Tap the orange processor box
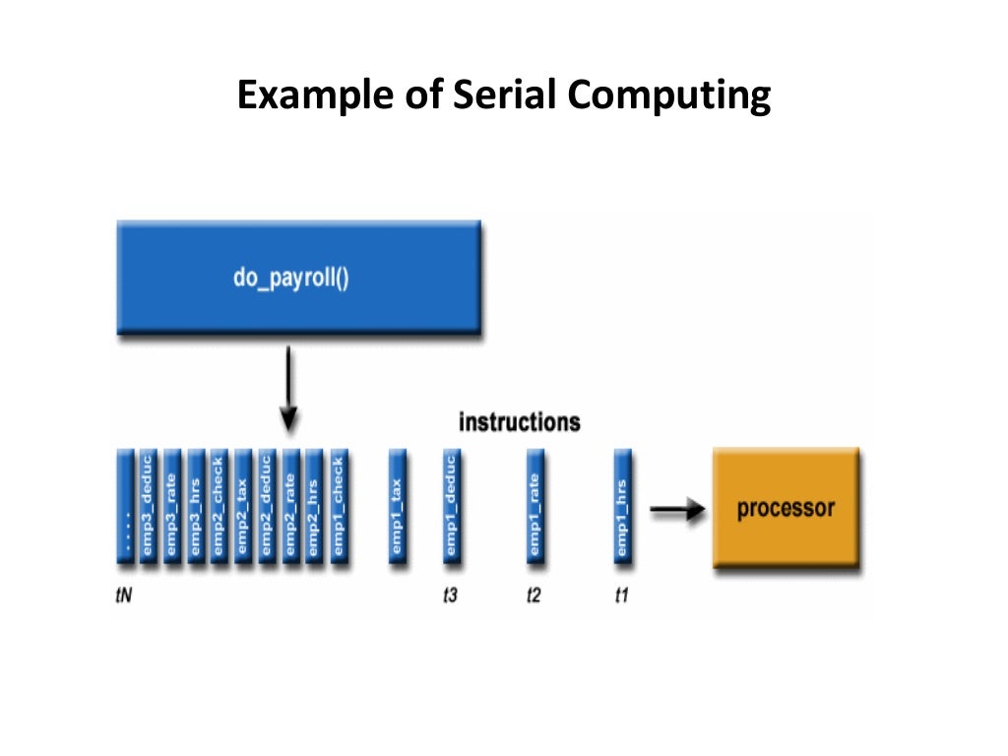[786, 508]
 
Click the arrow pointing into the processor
[678, 509]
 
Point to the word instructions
[519, 422]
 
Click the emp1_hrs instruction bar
[622, 506]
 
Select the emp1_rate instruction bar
[535, 506]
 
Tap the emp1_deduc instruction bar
[451, 506]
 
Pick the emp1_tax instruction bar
[397, 506]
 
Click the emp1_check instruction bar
[338, 506]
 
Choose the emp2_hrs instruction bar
[314, 506]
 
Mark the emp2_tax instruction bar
[242, 506]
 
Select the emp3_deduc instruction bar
[148, 506]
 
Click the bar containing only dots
[125, 506]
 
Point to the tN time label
[124, 597]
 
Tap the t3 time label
[450, 597]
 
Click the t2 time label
[534, 597]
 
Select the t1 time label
[621, 597]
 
